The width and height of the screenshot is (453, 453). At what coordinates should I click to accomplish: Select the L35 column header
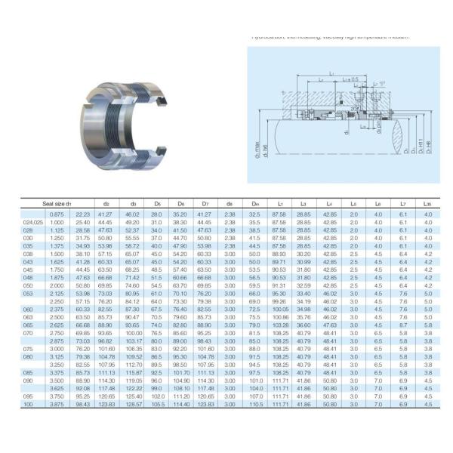click(x=429, y=204)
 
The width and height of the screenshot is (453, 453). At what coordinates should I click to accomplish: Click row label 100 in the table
click(x=29, y=405)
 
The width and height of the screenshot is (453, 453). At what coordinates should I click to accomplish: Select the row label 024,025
click(x=33, y=223)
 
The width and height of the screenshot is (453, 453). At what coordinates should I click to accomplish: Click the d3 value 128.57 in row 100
click(x=134, y=405)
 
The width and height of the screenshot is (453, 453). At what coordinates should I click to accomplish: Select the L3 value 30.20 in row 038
click(x=304, y=254)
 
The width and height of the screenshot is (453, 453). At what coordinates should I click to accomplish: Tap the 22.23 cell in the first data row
click(x=83, y=215)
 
